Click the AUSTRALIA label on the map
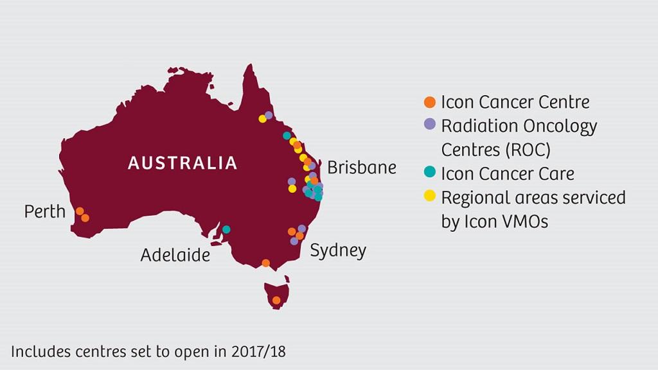click(182, 163)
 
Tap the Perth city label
click(45, 211)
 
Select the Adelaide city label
click(175, 255)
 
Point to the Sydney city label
click(338, 250)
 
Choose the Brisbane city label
click(362, 168)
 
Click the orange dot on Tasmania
click(276, 300)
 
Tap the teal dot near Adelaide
click(226, 229)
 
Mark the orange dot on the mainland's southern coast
click(266, 263)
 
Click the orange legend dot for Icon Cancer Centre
click(431, 102)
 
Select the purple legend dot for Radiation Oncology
click(431, 125)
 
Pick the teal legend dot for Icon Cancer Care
click(431, 172)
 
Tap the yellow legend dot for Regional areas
click(431, 196)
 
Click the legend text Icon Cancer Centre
click(515, 102)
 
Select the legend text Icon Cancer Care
click(508, 173)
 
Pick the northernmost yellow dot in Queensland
click(262, 118)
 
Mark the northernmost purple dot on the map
click(269, 115)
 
